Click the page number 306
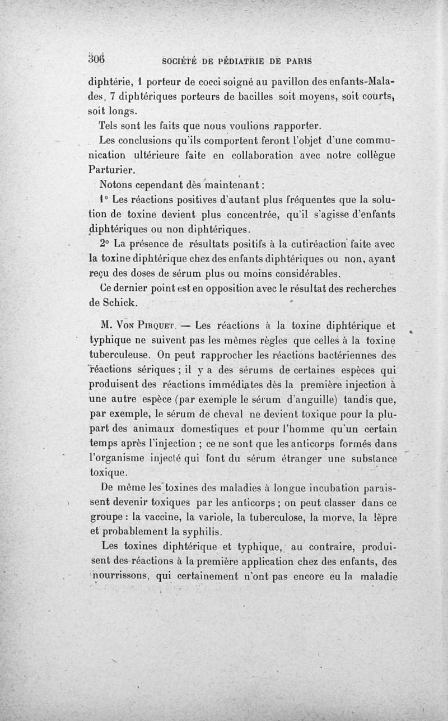coord(97,58)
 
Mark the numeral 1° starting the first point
coord(103,199)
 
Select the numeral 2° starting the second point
coord(104,244)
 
